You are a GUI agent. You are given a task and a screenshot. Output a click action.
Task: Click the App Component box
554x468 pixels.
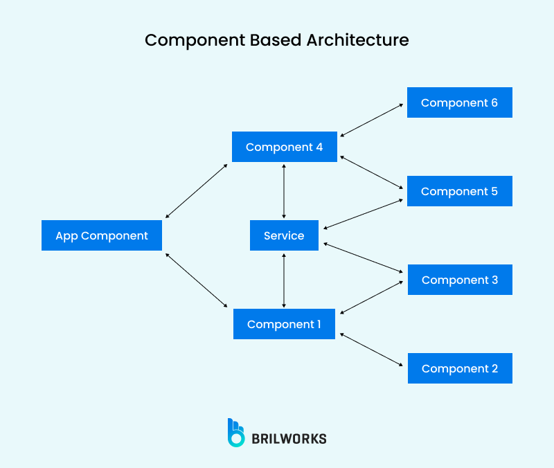102,235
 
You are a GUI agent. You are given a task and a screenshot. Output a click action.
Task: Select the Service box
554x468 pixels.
284,235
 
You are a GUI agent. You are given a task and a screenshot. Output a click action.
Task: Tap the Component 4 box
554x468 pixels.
285,147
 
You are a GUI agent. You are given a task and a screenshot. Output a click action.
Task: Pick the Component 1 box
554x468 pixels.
284,324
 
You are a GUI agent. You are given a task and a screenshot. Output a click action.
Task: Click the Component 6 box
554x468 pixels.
459,102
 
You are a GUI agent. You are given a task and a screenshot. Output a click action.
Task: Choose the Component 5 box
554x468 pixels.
459,191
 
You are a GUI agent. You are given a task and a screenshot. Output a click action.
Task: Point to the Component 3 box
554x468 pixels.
459,280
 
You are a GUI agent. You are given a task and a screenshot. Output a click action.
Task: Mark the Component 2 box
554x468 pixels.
459,368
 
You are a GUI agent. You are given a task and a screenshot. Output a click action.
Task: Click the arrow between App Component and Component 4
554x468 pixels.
197,191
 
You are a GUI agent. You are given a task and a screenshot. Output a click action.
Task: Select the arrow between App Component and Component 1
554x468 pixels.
197,280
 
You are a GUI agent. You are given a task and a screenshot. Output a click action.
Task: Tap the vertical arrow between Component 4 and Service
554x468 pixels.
284,191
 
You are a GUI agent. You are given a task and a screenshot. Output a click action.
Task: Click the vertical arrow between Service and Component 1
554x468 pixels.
284,280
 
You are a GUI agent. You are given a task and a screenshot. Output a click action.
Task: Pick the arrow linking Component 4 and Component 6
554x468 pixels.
372,120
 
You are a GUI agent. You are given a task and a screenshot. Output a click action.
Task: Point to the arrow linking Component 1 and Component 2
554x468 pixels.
372,350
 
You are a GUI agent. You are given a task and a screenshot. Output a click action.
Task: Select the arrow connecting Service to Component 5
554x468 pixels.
364,214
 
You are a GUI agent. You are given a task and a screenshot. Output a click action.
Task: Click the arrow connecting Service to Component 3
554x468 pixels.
364,257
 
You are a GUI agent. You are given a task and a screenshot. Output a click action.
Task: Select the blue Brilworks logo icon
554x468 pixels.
236,432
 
